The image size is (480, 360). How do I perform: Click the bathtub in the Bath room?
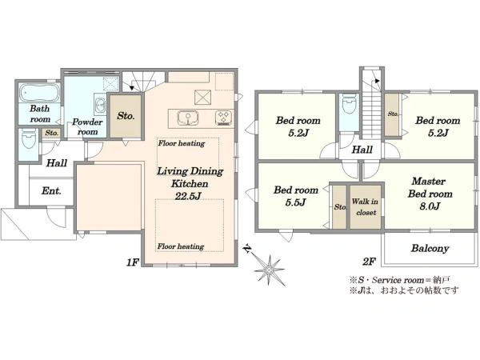(40, 93)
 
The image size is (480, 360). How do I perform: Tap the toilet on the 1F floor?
(30, 139)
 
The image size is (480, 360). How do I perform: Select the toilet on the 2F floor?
(350, 103)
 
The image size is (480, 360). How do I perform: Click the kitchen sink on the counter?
(188, 118)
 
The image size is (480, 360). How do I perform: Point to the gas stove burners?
(224, 118)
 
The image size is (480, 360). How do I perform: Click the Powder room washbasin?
(100, 106)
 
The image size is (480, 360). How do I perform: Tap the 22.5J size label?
(187, 196)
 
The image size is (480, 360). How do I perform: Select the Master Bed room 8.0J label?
(430, 194)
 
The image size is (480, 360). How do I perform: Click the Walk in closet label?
(366, 206)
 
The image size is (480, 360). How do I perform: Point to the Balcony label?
(430, 248)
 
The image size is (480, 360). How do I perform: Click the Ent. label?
(51, 191)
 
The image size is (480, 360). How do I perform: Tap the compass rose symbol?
(269, 270)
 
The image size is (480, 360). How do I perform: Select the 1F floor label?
(133, 262)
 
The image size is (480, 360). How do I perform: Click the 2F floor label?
(369, 262)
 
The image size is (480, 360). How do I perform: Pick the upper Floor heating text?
(182, 143)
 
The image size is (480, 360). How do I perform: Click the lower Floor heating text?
(181, 246)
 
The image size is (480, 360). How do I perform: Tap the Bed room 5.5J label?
(296, 196)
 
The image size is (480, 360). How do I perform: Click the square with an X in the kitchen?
(202, 98)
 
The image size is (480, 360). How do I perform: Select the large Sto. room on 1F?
(126, 116)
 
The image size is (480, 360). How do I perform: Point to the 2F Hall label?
(362, 150)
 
